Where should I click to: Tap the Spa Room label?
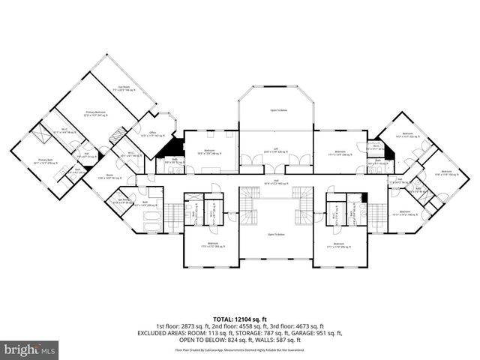(x=118, y=200)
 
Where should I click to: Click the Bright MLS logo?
(x=30, y=349)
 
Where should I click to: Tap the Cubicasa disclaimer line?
(x=240, y=349)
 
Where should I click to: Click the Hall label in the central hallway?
(x=276, y=182)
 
